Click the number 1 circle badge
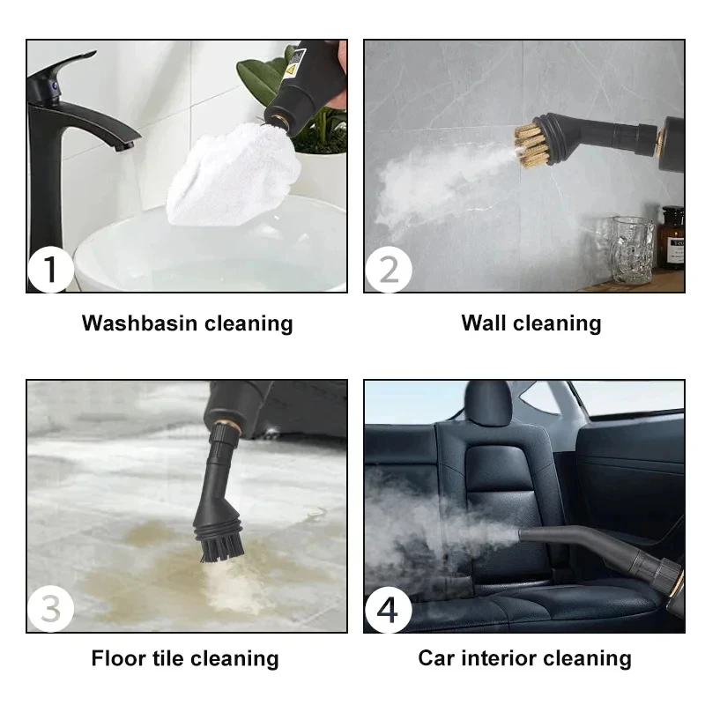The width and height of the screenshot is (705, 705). [x=49, y=269]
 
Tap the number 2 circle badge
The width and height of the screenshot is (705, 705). [x=388, y=269]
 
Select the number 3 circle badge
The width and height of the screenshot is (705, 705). [x=49, y=609]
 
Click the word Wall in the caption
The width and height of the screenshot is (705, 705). [x=481, y=323]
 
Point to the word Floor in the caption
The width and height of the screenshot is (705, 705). [x=119, y=658]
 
